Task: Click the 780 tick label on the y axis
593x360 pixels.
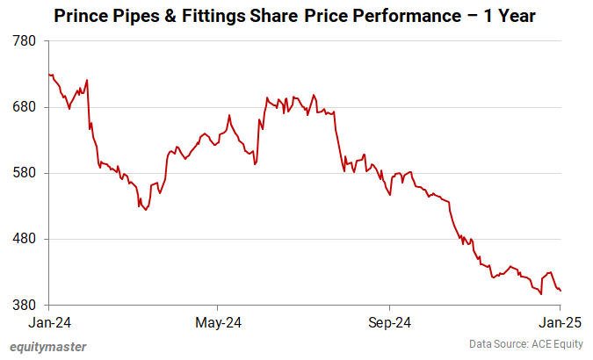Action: pyautogui.click(x=25, y=41)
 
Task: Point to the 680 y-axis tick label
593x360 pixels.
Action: pyautogui.click(x=25, y=107)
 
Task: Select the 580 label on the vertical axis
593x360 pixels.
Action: pyautogui.click(x=25, y=173)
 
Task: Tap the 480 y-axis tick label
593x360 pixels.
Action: pyautogui.click(x=25, y=239)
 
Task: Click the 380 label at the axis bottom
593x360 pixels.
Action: pyautogui.click(x=25, y=305)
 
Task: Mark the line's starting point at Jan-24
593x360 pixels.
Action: pyautogui.click(x=50, y=75)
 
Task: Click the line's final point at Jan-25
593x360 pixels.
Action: pyautogui.click(x=560, y=291)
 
